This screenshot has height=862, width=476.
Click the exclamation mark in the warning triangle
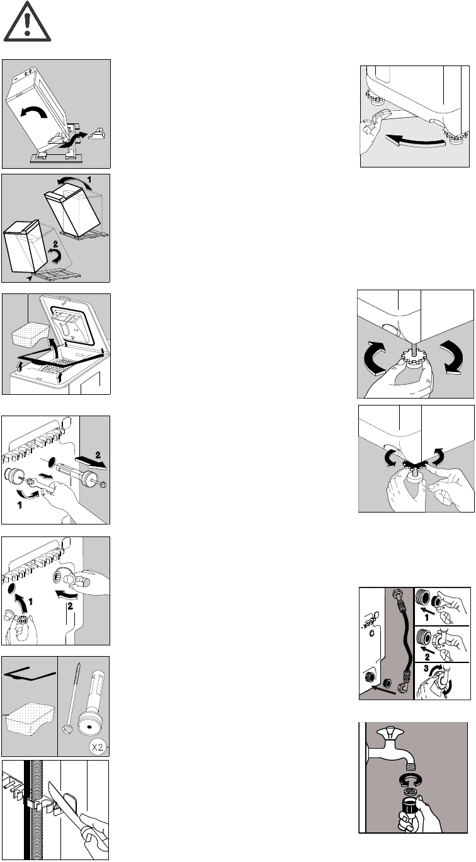pos(27,22)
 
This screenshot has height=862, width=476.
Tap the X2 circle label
pos(98,747)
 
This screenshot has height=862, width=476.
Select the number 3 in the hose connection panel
pos(426,669)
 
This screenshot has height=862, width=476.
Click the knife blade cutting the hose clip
pos(63,794)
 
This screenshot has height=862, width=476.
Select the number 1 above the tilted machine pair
pos(89,179)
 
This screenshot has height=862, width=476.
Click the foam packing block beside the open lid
pos(30,334)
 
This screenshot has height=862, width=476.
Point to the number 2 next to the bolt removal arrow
pos(98,455)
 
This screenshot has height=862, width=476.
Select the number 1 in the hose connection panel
pos(426,618)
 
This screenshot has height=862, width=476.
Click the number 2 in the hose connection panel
pos(427,657)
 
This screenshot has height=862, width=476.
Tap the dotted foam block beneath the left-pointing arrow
pos(29,717)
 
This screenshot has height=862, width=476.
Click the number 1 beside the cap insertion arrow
pos(30,602)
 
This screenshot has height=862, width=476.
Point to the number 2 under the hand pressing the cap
pos(70,606)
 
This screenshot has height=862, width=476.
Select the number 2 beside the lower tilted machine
pos(55,244)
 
